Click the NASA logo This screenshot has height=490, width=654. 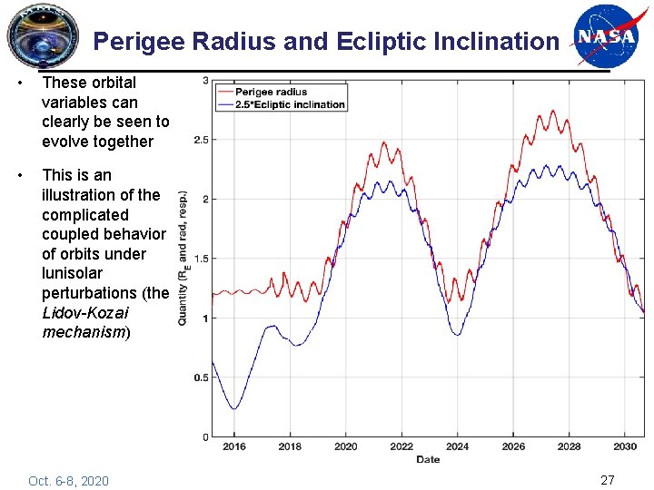coord(606,35)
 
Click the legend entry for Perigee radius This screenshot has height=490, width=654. coord(272,92)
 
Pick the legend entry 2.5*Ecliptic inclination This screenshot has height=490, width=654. coord(290,103)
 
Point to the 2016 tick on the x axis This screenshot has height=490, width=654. coord(234,446)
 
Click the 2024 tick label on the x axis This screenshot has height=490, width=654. coord(457,446)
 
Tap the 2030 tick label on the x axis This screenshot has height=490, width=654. coord(625,446)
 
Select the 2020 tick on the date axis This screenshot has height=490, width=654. coord(346,446)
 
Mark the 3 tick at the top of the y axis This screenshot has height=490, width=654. coord(205,81)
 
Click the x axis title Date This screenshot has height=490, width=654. coord(428,459)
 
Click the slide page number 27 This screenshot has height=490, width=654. coord(608,479)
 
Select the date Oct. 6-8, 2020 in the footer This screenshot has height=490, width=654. coord(68,480)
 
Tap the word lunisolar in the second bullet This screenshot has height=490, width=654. coord(73,273)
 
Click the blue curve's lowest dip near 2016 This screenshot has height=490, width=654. coord(234,408)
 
